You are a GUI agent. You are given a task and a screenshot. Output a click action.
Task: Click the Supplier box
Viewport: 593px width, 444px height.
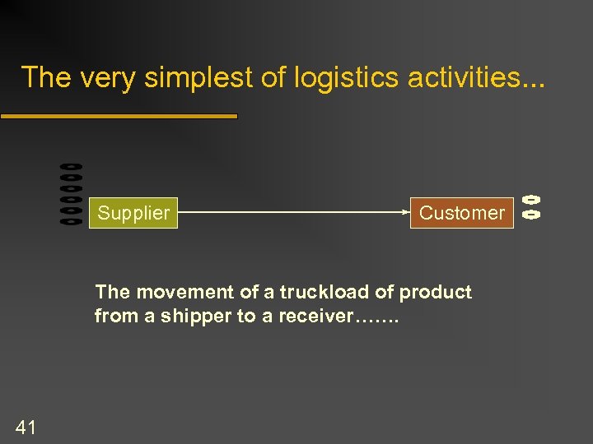click(x=133, y=213)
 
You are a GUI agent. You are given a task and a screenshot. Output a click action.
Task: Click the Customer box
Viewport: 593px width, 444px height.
click(x=461, y=213)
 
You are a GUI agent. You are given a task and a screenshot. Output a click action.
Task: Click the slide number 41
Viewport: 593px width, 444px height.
click(x=26, y=426)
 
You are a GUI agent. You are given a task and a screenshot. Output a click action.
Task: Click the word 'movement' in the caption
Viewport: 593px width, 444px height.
click(x=173, y=293)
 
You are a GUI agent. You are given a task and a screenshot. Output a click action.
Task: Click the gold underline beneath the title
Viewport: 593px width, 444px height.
click(x=119, y=117)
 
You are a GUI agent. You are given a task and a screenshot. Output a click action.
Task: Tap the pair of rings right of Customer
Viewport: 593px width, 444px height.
click(x=531, y=206)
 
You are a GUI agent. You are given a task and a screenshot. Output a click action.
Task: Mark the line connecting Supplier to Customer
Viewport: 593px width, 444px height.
click(x=292, y=212)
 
